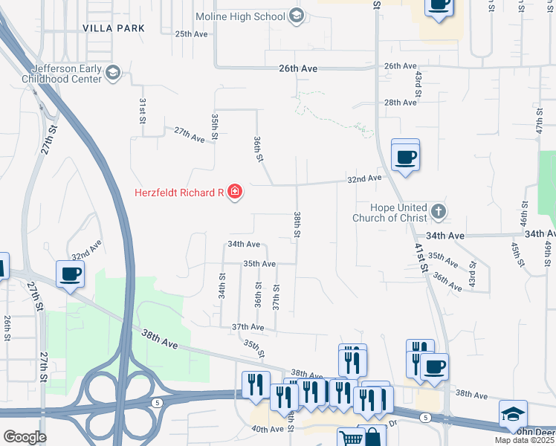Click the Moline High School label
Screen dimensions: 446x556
[x=240, y=16]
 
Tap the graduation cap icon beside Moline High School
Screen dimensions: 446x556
[x=297, y=16]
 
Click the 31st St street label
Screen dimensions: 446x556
[x=142, y=110]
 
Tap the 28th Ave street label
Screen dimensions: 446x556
[x=400, y=103]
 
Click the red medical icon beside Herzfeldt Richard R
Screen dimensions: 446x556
[x=235, y=193]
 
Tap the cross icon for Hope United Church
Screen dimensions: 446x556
[x=439, y=212]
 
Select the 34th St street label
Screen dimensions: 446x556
[x=222, y=285]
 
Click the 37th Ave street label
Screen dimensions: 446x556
[x=248, y=327]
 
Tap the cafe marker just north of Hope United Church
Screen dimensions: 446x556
[x=405, y=157]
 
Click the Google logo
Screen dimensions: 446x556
[x=25, y=437]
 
